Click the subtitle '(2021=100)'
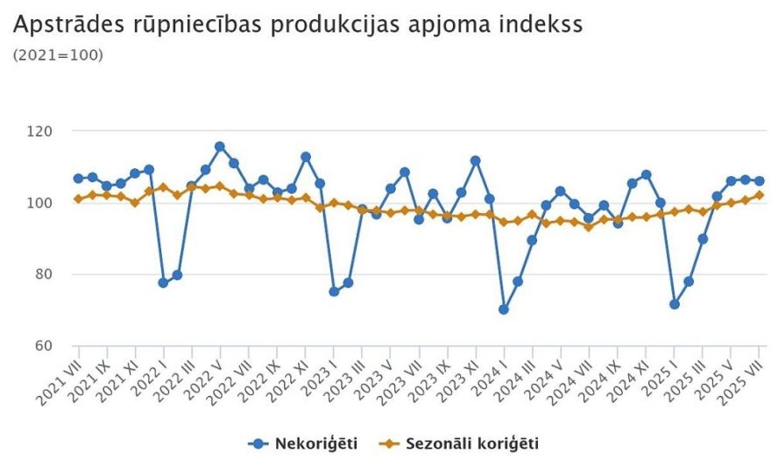click(x=58, y=55)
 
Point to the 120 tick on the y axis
click(x=39, y=131)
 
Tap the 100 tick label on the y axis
click(x=39, y=202)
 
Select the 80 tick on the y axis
click(x=43, y=274)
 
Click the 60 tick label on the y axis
click(x=43, y=345)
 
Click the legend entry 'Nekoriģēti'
click(x=315, y=443)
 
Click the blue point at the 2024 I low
click(x=504, y=309)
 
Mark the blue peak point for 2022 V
click(x=220, y=146)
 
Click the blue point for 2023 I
click(x=334, y=291)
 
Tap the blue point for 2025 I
click(x=675, y=304)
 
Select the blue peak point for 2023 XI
click(x=476, y=160)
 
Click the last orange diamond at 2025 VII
click(x=759, y=195)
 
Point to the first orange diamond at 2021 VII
click(x=78, y=199)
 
